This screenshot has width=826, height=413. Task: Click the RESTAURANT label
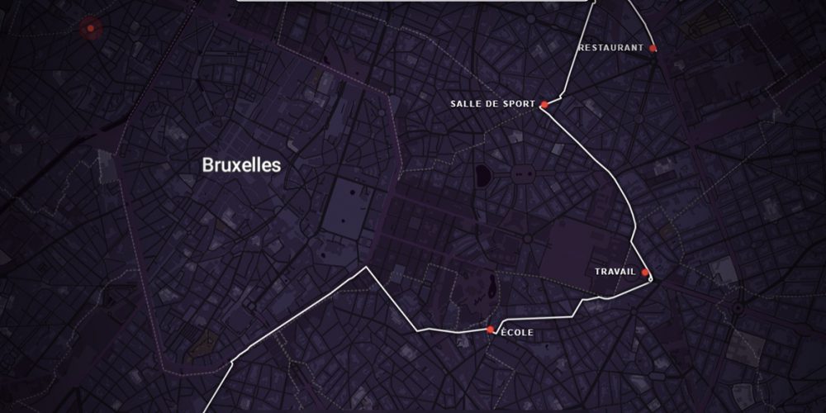click(x=611, y=48)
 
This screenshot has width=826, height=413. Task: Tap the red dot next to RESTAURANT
click(x=653, y=49)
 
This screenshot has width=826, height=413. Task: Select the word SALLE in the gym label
click(x=466, y=104)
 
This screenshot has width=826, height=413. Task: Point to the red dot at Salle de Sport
click(x=544, y=105)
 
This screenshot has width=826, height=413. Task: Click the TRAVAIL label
click(x=615, y=272)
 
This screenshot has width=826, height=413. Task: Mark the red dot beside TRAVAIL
click(x=645, y=273)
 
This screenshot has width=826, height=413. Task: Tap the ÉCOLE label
click(x=517, y=333)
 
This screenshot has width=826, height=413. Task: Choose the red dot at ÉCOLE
click(x=491, y=330)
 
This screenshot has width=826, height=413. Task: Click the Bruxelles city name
click(x=241, y=165)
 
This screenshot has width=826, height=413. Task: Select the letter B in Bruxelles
click(x=207, y=165)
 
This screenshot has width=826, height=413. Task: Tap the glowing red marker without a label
click(x=89, y=29)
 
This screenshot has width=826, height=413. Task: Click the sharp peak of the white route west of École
click(x=367, y=268)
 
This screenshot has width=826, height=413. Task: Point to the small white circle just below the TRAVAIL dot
click(x=650, y=280)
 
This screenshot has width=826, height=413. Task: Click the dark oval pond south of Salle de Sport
click(x=482, y=174)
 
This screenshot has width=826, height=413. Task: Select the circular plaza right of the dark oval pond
click(x=521, y=173)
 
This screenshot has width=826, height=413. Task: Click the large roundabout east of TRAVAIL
click(x=738, y=308)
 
